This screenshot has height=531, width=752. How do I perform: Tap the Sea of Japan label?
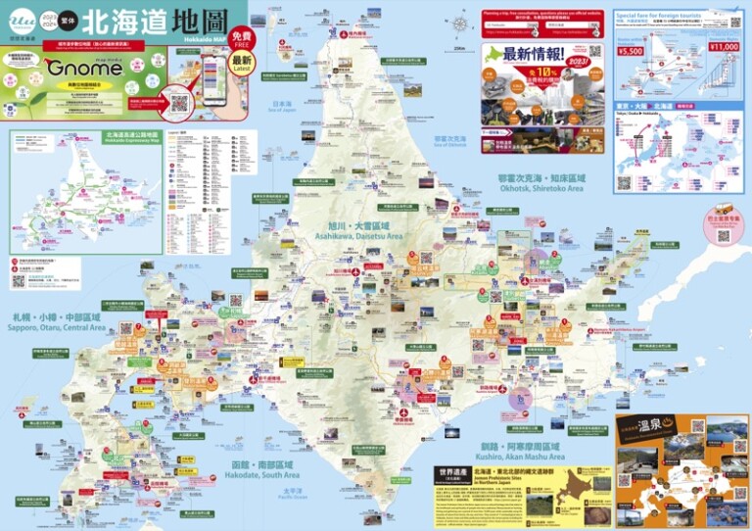click(282, 106)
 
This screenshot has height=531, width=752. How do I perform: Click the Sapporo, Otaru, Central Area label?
click(58, 322)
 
